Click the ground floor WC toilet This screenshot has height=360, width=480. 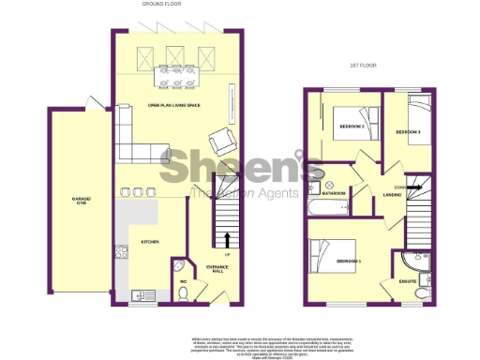pos(184,291)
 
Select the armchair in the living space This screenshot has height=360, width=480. pos(221,142)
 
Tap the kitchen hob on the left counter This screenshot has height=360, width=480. pos(121,251)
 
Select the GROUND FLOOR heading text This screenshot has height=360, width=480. pos(162,5)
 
